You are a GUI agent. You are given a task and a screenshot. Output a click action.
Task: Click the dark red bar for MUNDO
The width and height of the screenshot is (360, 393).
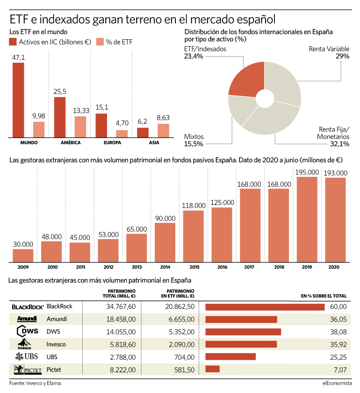point(18,100)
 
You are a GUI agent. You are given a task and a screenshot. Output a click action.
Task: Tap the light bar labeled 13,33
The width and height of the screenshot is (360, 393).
point(80,127)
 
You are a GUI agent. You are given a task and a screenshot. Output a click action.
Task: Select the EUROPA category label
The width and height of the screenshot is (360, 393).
point(112,143)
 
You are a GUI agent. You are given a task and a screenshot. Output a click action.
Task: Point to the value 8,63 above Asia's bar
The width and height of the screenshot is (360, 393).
point(163,117)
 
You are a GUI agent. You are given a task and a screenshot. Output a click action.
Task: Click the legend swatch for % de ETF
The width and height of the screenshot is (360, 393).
point(100,42)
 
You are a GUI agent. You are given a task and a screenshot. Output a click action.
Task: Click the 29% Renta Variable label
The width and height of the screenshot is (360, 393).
point(342,56)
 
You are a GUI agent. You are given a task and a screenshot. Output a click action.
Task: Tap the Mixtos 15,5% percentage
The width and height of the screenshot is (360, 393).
point(194,144)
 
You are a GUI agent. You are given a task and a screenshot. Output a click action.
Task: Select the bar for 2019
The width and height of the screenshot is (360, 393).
point(307,219)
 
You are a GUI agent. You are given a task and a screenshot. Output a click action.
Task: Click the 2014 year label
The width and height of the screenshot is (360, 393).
point(166,267)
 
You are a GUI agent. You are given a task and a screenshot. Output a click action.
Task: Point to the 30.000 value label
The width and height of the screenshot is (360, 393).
point(23,244)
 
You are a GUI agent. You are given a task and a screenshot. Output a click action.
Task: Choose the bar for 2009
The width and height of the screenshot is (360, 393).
point(23,255)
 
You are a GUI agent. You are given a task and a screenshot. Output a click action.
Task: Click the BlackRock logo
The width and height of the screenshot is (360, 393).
point(28,307)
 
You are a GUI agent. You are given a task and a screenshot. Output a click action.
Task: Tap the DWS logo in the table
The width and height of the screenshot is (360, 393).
point(28,331)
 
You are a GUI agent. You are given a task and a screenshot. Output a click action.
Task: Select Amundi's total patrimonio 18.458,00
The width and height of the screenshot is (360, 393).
point(121,319)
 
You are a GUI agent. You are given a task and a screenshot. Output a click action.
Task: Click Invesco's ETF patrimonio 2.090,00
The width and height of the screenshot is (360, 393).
point(181,344)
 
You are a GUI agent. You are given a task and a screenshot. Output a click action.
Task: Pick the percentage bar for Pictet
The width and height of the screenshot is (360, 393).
point(212,369)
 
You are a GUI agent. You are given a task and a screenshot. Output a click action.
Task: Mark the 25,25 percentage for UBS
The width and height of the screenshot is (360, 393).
point(338,357)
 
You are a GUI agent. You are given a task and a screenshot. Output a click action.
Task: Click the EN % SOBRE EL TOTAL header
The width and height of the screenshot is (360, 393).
point(324,296)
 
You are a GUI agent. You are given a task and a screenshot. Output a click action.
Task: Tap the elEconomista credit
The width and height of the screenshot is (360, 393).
point(337,383)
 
